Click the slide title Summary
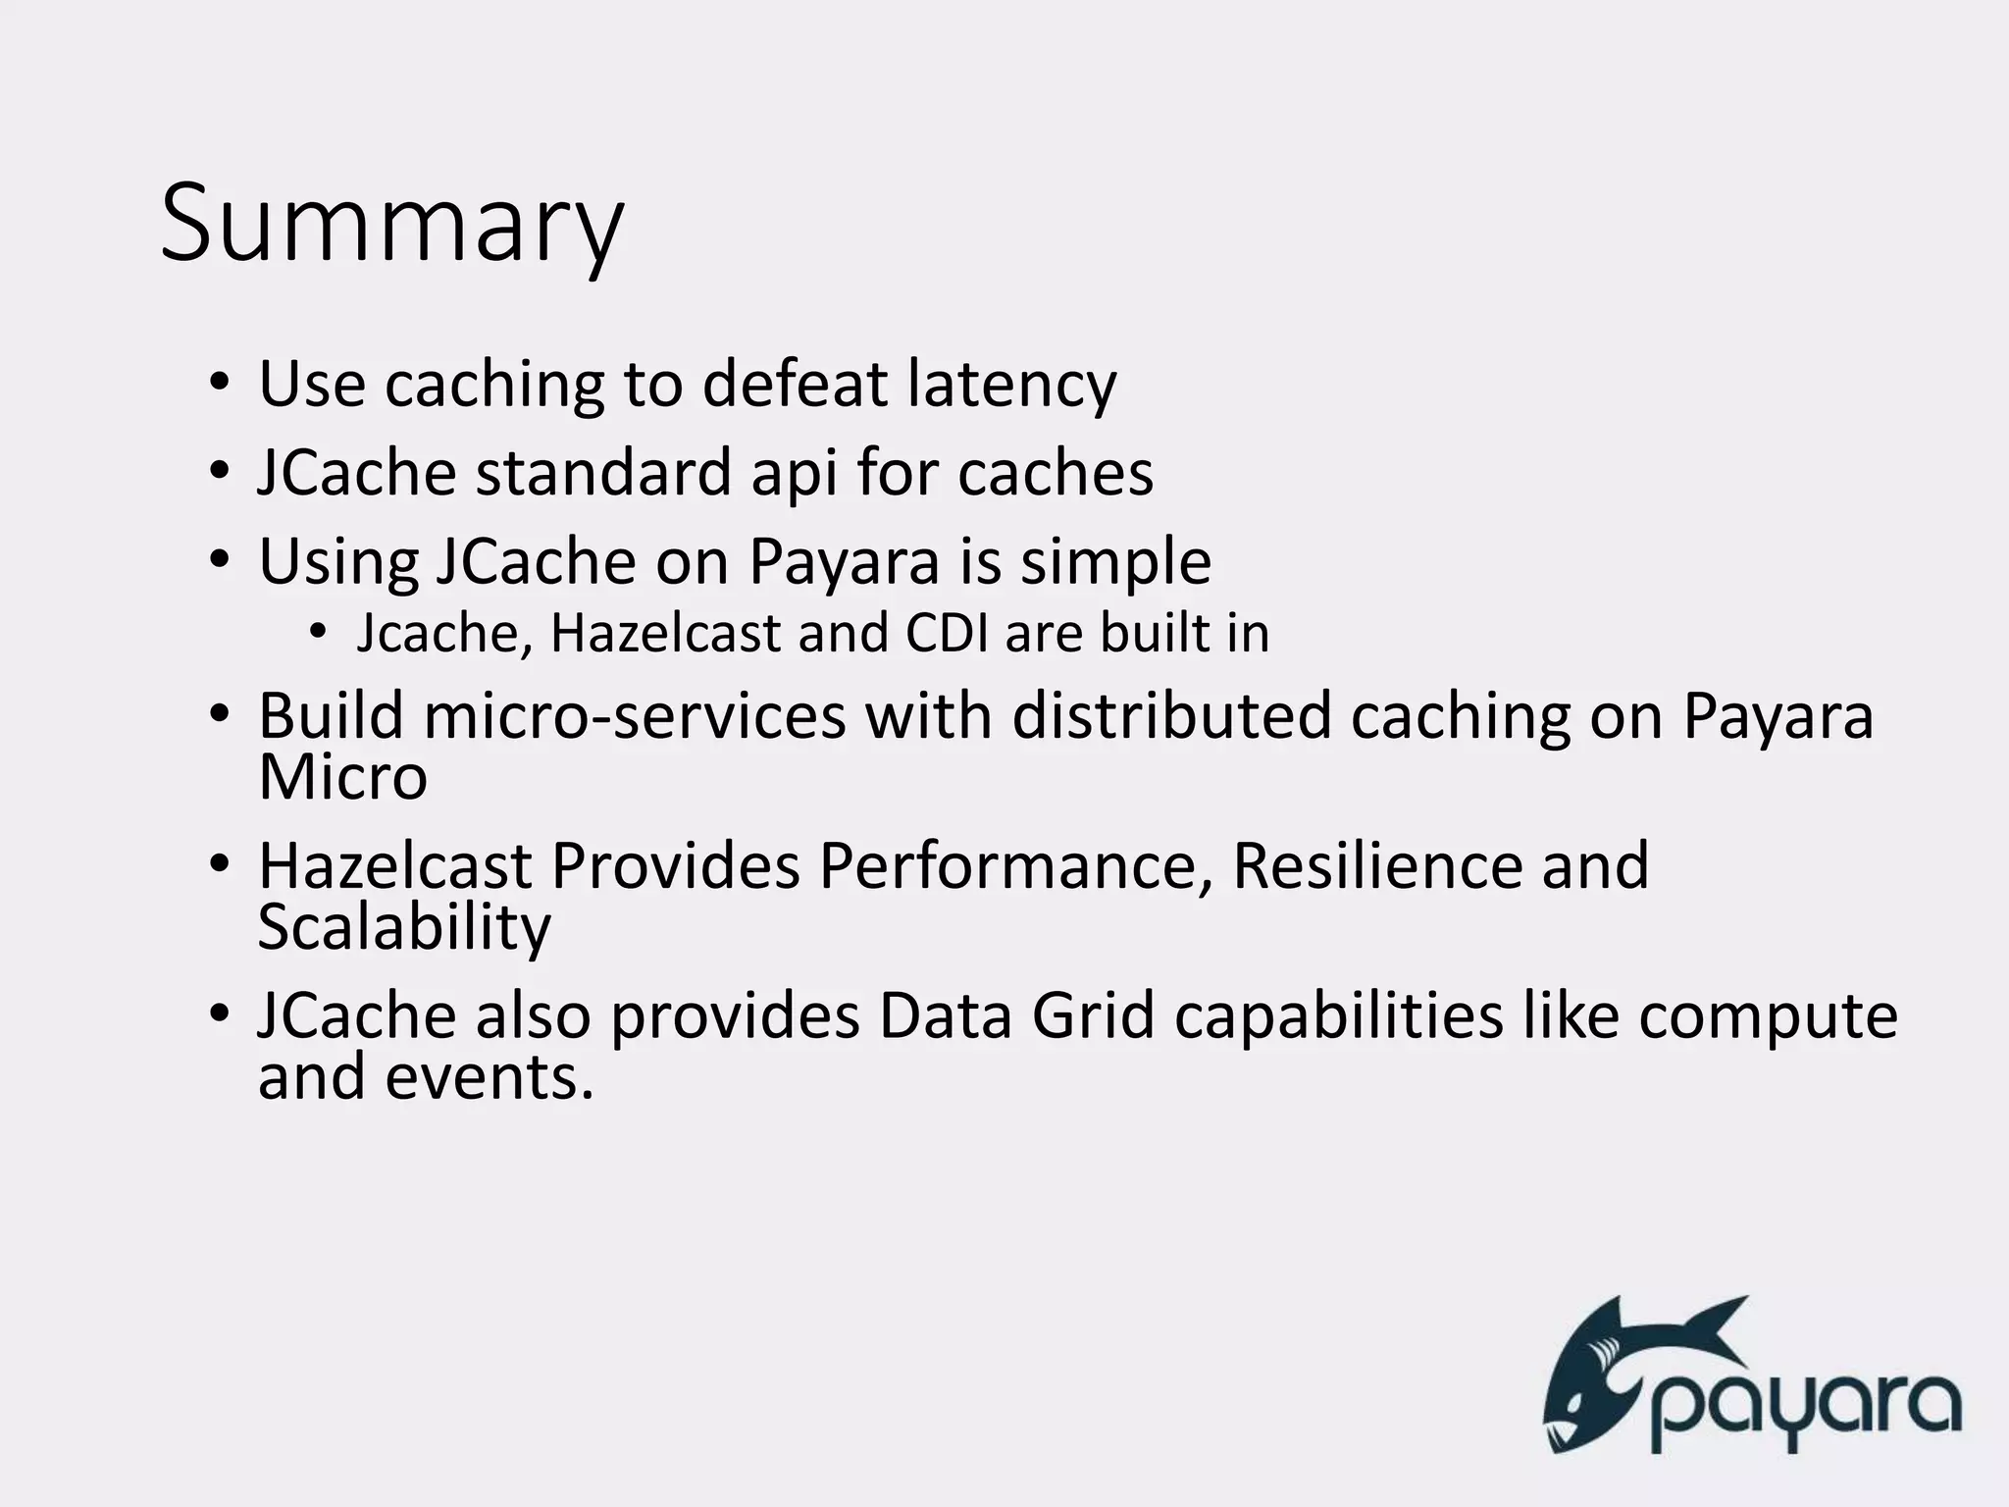[x=391, y=226]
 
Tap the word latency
[x=1011, y=385]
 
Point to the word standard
[x=603, y=473]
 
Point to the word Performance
[x=1016, y=867]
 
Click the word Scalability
[x=404, y=928]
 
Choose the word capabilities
[x=1338, y=1018]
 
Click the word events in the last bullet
[x=489, y=1077]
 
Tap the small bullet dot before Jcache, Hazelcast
[x=316, y=632]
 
